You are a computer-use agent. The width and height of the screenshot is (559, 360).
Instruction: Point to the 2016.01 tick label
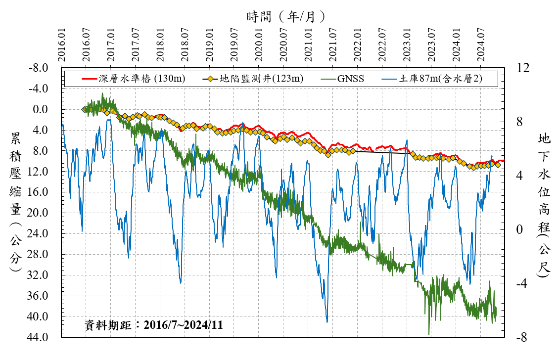coord(61,45)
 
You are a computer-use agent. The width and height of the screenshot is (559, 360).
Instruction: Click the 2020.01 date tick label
coord(259,45)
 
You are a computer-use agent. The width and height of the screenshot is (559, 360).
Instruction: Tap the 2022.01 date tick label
coord(358,45)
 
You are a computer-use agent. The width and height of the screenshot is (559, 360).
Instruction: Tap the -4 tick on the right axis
coord(523,284)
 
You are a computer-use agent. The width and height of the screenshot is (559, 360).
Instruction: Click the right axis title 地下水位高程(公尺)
coord(544,203)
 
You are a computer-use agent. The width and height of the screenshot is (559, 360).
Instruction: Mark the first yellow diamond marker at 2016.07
coord(85,110)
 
